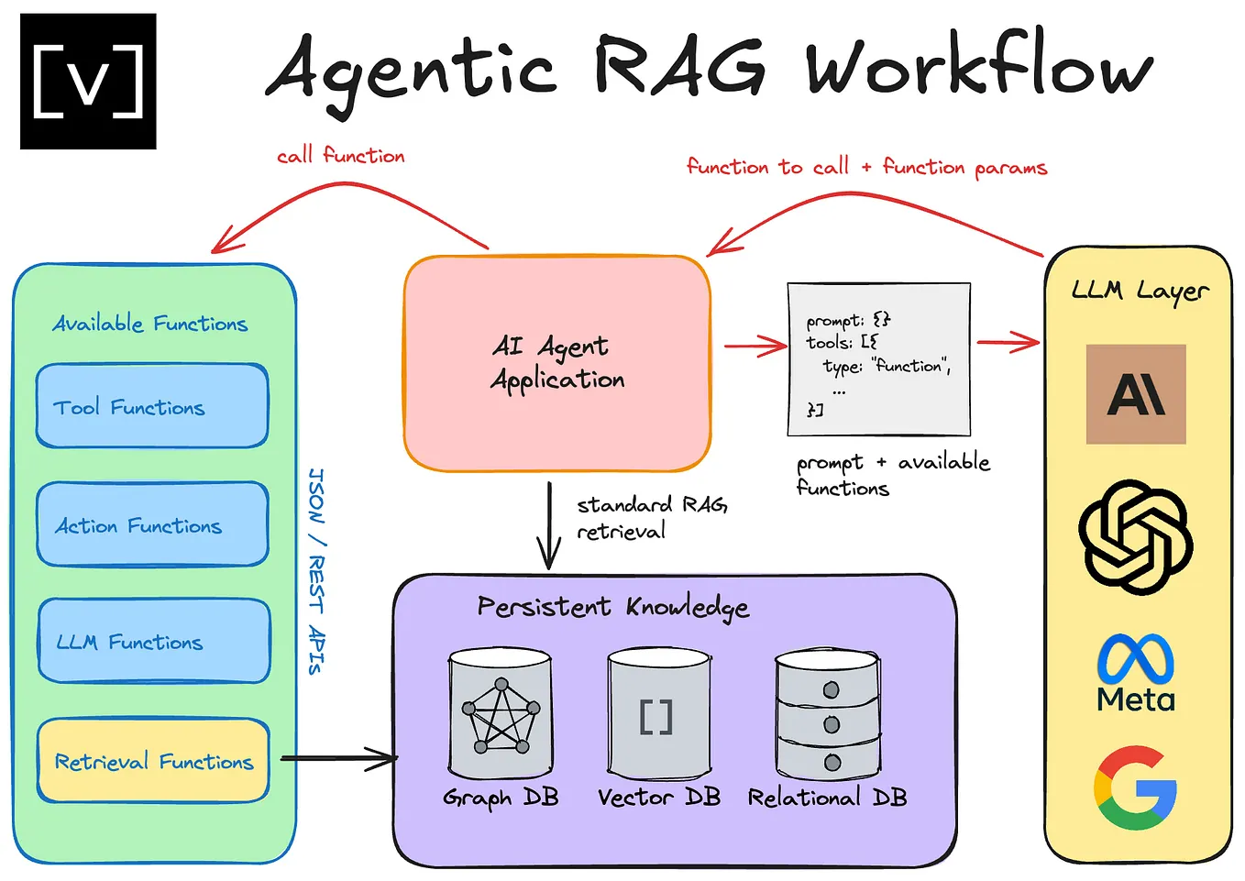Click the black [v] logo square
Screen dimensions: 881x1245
coord(88,82)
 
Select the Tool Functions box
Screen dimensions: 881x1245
coord(152,406)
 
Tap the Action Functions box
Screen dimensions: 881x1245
coord(152,524)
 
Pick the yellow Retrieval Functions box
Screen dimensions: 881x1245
coord(153,761)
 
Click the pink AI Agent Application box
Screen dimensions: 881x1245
coord(557,363)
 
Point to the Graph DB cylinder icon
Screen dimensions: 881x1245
coord(500,714)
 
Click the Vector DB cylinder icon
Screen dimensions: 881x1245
coord(658,714)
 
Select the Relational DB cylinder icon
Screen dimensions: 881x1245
coord(828,714)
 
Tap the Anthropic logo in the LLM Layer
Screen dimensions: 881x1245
coord(1136,394)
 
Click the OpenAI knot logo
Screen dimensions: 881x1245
coord(1136,536)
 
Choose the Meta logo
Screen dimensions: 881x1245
coord(1136,673)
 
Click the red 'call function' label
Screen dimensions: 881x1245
coord(341,156)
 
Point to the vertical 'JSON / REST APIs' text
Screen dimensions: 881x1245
coord(315,572)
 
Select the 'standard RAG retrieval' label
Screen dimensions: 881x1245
coord(651,518)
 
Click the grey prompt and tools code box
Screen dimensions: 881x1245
coord(878,359)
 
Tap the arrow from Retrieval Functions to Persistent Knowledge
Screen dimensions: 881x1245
coord(339,758)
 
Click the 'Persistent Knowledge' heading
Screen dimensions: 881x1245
coord(612,607)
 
